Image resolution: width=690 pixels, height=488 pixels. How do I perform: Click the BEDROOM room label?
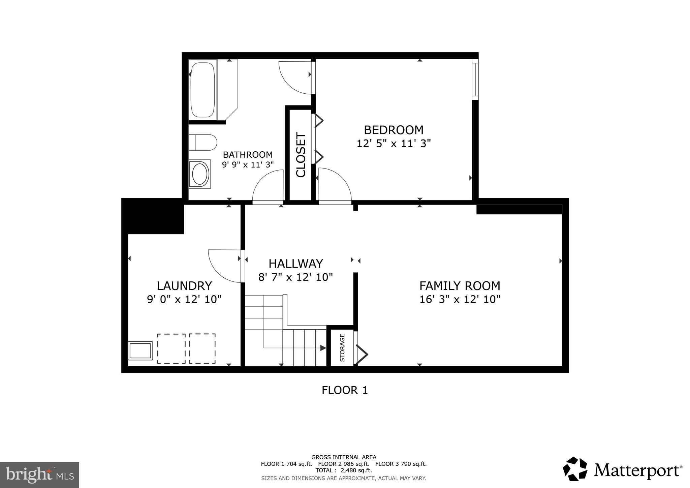tap(394, 130)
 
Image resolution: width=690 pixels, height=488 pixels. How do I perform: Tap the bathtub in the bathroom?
tap(202, 89)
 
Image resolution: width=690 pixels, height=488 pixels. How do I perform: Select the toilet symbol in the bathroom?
tap(202, 143)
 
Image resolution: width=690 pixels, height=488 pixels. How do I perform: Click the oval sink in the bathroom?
tap(200, 174)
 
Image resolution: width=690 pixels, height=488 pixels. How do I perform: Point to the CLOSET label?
tap(301, 155)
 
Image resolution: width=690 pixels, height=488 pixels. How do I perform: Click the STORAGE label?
tap(342, 348)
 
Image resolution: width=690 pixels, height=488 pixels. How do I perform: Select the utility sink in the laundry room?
tap(140, 350)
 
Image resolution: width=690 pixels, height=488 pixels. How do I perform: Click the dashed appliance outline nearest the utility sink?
tap(171, 348)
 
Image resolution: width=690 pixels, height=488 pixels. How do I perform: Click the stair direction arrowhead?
tap(323, 348)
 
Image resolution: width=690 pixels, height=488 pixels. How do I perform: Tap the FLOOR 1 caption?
tap(344, 390)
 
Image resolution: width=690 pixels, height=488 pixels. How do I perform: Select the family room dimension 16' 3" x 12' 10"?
tap(460, 299)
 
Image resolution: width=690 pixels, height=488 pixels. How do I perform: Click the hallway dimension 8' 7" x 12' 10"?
tap(295, 277)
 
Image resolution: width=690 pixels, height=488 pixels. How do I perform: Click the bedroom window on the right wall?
tap(475, 80)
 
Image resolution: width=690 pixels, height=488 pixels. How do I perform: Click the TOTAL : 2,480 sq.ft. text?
tap(343, 470)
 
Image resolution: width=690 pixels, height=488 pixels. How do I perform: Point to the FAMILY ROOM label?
tap(460, 286)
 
